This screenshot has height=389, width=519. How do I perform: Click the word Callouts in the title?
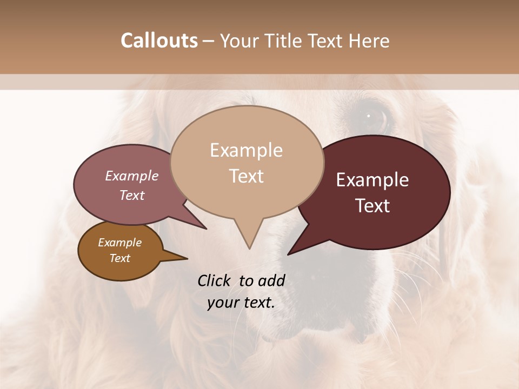(x=159, y=41)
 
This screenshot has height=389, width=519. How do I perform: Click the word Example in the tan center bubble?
(x=246, y=150)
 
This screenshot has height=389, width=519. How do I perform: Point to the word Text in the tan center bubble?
(x=246, y=176)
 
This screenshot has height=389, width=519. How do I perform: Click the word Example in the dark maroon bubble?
(x=372, y=180)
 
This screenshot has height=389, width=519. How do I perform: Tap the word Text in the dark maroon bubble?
(x=372, y=206)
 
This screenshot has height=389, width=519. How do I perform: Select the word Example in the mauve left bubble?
(x=131, y=176)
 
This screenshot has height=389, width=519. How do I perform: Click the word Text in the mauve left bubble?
(x=131, y=195)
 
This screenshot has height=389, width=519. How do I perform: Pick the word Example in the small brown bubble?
(x=119, y=243)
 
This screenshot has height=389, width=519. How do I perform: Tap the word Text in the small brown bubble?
(x=119, y=258)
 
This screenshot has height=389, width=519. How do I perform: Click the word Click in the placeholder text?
(x=215, y=280)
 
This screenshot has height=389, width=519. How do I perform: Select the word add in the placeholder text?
(x=272, y=280)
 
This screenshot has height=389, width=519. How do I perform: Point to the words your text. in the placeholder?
(x=241, y=303)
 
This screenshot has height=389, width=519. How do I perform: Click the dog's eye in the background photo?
(x=370, y=116)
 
